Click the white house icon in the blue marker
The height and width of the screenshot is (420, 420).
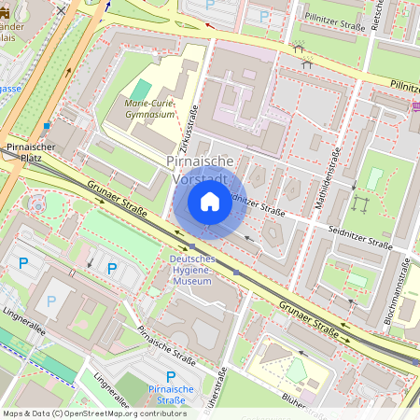point(209,202)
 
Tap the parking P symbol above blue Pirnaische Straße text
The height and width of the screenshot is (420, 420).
point(171,376)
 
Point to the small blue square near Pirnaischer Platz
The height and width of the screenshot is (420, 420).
point(47,125)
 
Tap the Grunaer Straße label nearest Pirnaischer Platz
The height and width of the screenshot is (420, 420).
point(118,200)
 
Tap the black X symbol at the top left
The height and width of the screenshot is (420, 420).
point(62,9)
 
